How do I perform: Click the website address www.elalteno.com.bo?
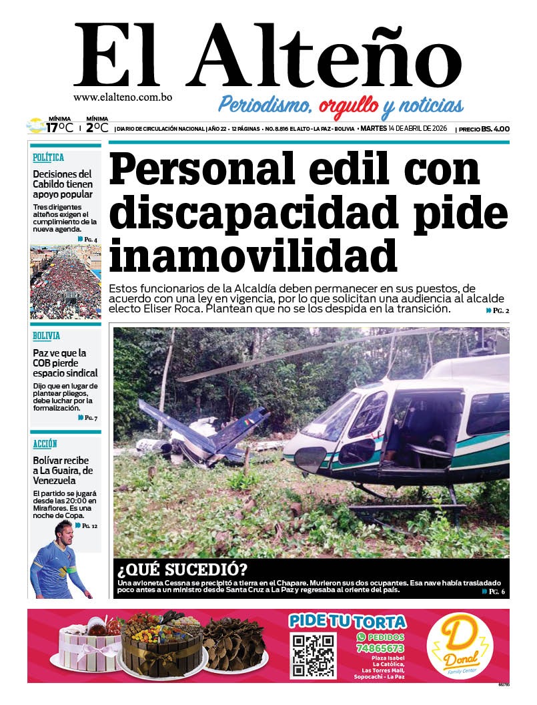(x=123, y=97)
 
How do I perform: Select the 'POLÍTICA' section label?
(x=49, y=158)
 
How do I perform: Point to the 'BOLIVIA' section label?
(x=47, y=336)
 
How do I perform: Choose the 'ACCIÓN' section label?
(x=45, y=443)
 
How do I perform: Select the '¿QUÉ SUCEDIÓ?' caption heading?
(x=181, y=571)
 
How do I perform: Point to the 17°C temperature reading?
(x=59, y=128)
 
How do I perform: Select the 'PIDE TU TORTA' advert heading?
(x=348, y=621)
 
